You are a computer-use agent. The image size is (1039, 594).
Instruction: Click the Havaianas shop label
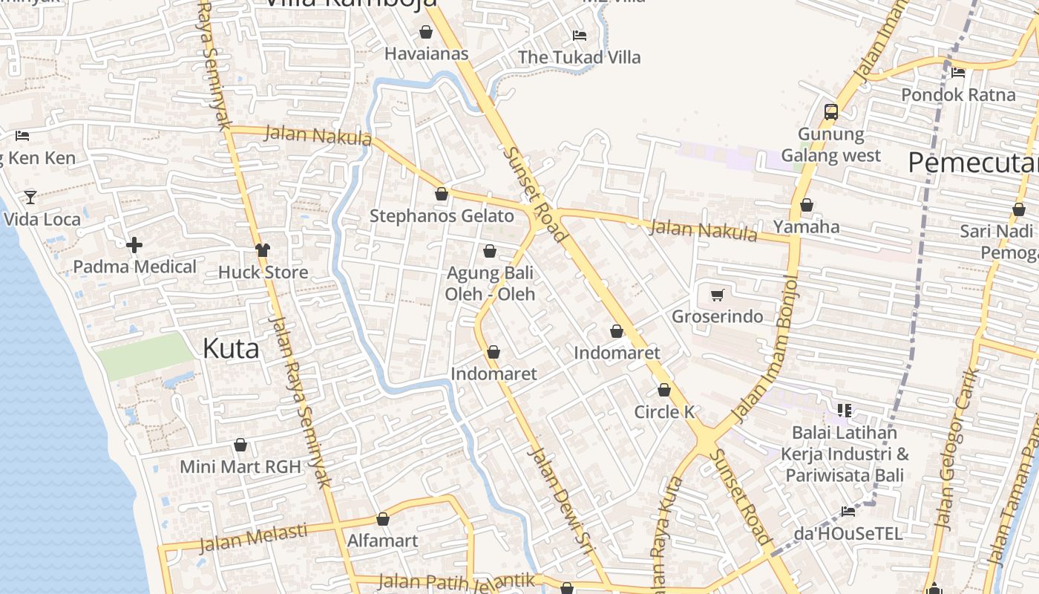click(x=426, y=53)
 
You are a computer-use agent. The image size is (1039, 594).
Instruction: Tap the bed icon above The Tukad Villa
click(x=579, y=35)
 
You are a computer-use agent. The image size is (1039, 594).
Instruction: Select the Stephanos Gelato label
click(x=442, y=216)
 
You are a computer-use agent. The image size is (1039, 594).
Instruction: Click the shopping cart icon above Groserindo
click(x=717, y=296)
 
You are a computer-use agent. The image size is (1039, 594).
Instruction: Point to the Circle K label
click(x=664, y=411)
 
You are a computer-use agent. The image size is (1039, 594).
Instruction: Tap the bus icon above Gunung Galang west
click(x=831, y=112)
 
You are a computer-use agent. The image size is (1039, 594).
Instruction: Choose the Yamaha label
click(x=806, y=226)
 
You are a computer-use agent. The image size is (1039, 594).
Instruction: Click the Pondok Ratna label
click(x=958, y=95)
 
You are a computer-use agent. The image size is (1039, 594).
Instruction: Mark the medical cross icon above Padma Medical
click(x=134, y=244)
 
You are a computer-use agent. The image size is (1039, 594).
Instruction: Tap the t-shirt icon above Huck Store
click(x=263, y=249)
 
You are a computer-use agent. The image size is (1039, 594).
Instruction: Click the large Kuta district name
click(x=231, y=348)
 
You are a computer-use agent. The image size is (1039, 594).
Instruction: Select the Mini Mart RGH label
click(x=240, y=467)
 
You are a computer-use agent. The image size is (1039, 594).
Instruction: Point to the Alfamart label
click(x=383, y=540)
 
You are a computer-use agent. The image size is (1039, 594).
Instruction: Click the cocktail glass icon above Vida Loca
click(x=30, y=197)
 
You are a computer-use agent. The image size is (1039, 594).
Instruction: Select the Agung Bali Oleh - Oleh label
click(x=490, y=284)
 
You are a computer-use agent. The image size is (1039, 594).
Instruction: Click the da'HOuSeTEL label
click(x=848, y=533)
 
